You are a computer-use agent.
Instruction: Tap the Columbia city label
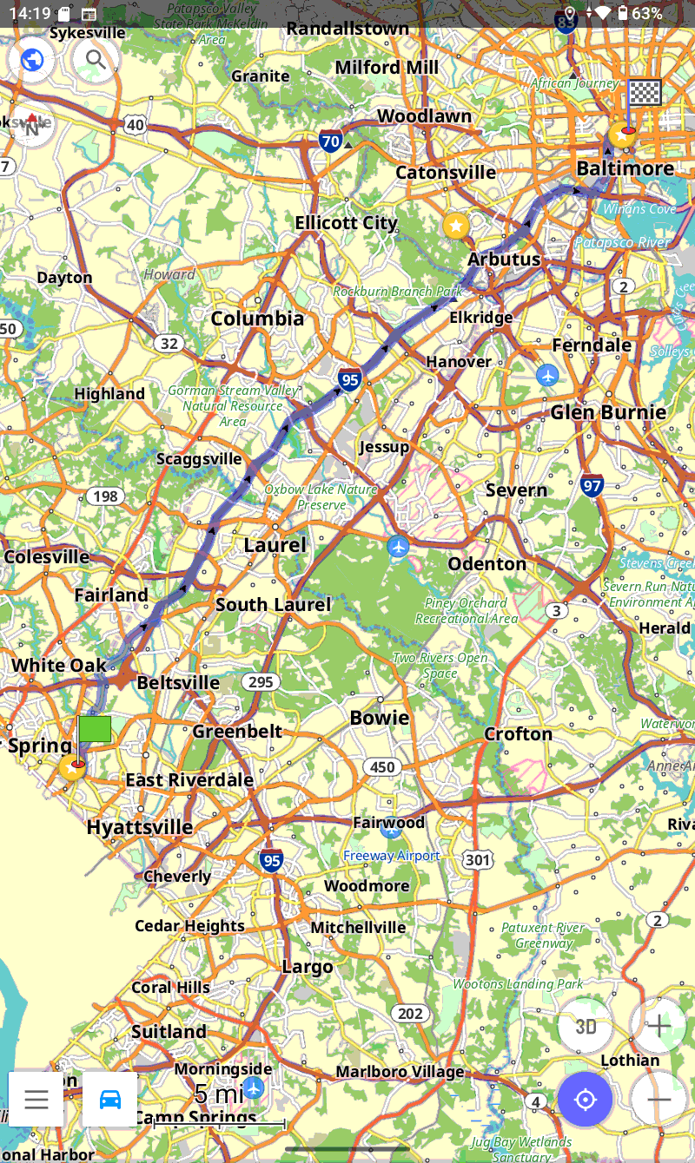pos(257,319)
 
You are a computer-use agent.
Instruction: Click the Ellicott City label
pos(346,223)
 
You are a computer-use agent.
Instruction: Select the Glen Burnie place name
pos(608,412)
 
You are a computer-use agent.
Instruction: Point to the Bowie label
pos(379,718)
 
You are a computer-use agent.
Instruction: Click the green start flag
pos(95,729)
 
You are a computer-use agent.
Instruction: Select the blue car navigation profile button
pos(110,1099)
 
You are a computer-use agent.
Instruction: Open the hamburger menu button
pos(36,1099)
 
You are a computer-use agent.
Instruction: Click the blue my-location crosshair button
pos(586,1100)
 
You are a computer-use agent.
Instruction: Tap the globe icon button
pos(32,60)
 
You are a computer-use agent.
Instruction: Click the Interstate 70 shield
pos(330,141)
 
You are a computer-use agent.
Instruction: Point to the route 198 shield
pos(104,496)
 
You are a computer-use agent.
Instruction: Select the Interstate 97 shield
pos(592,486)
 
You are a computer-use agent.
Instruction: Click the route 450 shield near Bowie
pos(382,766)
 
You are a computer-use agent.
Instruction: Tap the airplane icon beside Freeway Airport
pos(391,830)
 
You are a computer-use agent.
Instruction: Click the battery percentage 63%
pos(646,13)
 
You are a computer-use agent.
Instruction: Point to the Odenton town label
pos(487,564)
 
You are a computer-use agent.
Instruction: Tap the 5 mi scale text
pos(219,1094)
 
